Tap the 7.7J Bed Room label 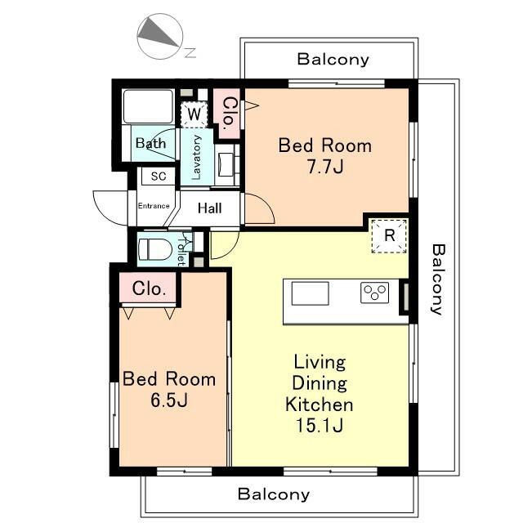point(325,156)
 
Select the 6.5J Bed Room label point(169,389)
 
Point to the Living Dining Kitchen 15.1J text point(320,394)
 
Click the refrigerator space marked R point(389,236)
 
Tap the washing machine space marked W point(194,114)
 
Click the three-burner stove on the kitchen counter point(374,293)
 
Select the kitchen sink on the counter point(311,293)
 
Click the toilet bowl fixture point(154,249)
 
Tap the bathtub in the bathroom point(148,106)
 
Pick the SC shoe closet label point(158,177)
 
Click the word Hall point(209,208)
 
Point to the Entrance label point(154,206)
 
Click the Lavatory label point(196,158)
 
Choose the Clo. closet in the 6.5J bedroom point(149,288)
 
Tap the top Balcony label point(333,60)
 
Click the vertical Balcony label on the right point(438,279)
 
